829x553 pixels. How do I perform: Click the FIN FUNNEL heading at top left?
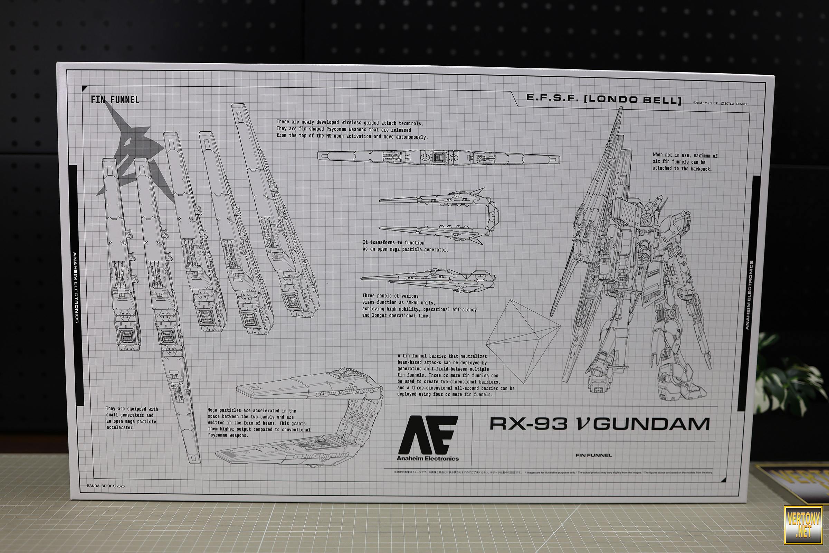[x=115, y=100]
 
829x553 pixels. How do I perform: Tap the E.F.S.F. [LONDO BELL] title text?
[x=603, y=100]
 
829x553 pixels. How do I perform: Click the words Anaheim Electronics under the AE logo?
[x=428, y=459]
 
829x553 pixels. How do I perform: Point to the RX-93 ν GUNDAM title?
[x=599, y=424]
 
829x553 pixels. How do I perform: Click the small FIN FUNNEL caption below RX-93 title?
[x=593, y=455]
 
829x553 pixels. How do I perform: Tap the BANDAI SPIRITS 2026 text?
[x=105, y=486]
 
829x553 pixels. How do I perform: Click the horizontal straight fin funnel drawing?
[x=438, y=157]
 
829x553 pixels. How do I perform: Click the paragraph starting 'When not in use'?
[x=685, y=162]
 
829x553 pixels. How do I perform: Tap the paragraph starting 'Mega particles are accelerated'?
[x=259, y=423]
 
